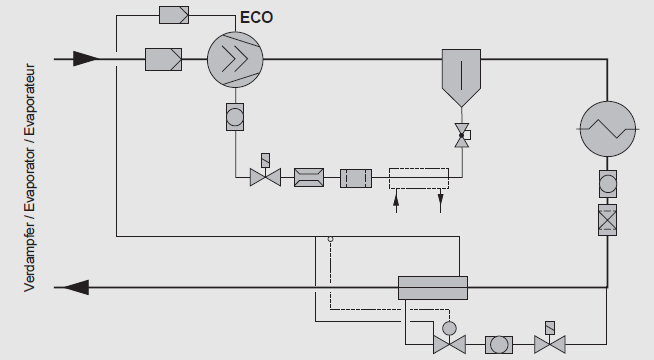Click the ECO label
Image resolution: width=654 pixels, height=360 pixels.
(x=255, y=17)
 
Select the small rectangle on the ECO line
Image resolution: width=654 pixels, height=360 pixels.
(x=181, y=16)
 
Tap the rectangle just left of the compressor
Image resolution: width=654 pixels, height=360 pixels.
(x=163, y=59)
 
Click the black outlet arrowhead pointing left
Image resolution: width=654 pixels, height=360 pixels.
(x=75, y=288)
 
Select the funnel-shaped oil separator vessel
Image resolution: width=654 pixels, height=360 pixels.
(x=462, y=74)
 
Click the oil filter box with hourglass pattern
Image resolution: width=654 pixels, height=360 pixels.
(x=309, y=178)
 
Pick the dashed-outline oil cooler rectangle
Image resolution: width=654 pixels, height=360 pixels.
(x=420, y=178)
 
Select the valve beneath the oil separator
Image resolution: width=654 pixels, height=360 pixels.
(x=462, y=136)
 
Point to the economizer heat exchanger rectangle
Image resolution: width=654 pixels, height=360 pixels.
(x=433, y=288)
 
